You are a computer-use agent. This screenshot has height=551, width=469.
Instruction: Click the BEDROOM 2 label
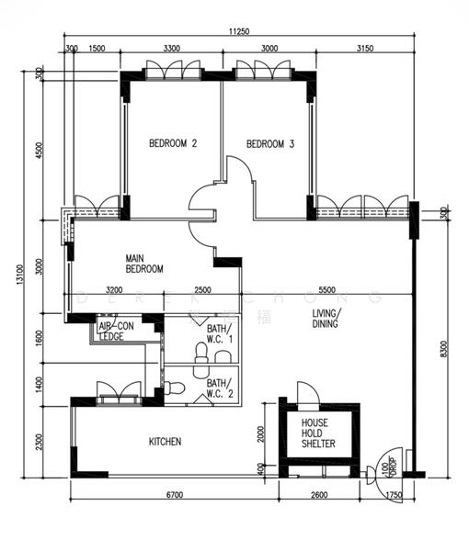point(174,143)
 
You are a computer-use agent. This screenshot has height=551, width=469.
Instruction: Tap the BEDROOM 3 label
point(270,143)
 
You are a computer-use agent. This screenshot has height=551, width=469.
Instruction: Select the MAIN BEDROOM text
point(144,264)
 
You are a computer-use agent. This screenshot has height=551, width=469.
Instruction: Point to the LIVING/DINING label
point(326,318)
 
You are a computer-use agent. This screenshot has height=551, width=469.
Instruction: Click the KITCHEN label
point(166,442)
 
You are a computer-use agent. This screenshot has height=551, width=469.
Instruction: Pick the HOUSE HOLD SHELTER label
point(318,433)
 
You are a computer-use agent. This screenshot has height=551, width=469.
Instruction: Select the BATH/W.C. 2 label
point(220,389)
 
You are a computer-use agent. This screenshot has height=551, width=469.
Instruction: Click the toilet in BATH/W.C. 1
point(201,353)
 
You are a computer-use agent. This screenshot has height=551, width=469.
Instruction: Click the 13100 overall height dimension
point(18,275)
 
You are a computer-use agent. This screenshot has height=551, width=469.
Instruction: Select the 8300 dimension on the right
point(444,349)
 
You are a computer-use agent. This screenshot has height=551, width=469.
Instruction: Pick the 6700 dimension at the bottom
point(175,495)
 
